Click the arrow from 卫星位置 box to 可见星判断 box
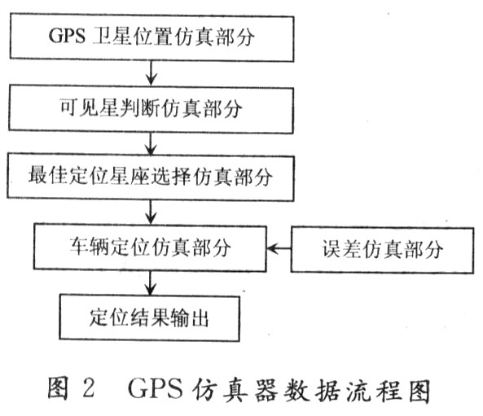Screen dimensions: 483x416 [x=151, y=73]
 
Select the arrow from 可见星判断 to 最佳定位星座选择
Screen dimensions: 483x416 [x=151, y=144]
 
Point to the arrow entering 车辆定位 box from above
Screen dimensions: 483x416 [x=151, y=212]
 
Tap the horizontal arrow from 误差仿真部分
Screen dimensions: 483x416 [x=279, y=248]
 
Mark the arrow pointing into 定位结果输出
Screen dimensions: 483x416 [x=150, y=283]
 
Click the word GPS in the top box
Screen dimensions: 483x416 [x=67, y=36]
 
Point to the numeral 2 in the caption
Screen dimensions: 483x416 [x=89, y=388]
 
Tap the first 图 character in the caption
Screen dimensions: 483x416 [x=58, y=388]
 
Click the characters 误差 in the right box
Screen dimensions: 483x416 [x=341, y=249]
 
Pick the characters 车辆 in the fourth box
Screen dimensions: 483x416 [x=89, y=247]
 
